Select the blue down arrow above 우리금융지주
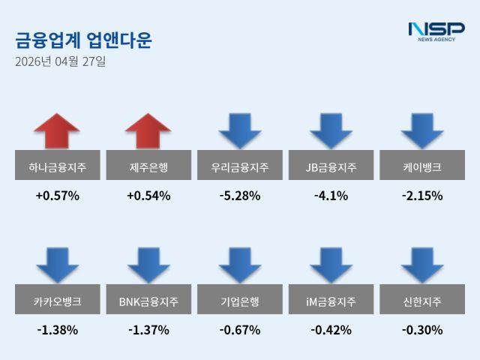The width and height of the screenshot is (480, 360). pyautogui.click(x=240, y=130)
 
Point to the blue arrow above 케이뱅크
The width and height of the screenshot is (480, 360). pyautogui.click(x=422, y=130)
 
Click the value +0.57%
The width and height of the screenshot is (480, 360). pyautogui.click(x=57, y=196)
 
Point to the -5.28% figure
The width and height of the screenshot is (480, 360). pyautogui.click(x=240, y=196)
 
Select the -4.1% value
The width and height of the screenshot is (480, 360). pyautogui.click(x=331, y=196)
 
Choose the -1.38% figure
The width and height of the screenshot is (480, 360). pyautogui.click(x=57, y=330)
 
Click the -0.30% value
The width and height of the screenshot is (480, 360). pyautogui.click(x=422, y=330)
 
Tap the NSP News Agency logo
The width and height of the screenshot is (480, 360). pyautogui.click(x=436, y=31)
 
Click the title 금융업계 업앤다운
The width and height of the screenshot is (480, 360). pyautogui.click(x=83, y=40)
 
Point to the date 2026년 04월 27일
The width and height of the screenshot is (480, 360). pyautogui.click(x=61, y=61)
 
